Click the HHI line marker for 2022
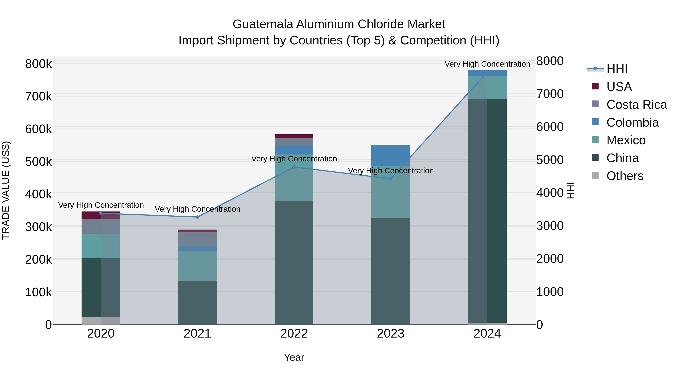tap(294, 167)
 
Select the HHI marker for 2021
tap(197, 217)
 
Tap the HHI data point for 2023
tap(391, 179)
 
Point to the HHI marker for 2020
tap(101, 213)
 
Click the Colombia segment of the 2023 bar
tap(391, 155)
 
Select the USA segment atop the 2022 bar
tap(294, 136)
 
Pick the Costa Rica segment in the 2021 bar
tap(197, 239)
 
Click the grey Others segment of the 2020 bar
tap(101, 321)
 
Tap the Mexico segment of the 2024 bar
tap(487, 87)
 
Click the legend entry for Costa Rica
tap(636, 105)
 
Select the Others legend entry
tap(625, 176)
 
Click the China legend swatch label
tap(622, 158)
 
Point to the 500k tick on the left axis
tap(38, 161)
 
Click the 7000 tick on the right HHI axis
tap(550, 94)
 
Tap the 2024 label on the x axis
tap(487, 334)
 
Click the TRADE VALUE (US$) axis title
tap(6, 190)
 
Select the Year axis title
tap(294, 357)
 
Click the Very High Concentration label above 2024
tap(487, 64)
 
